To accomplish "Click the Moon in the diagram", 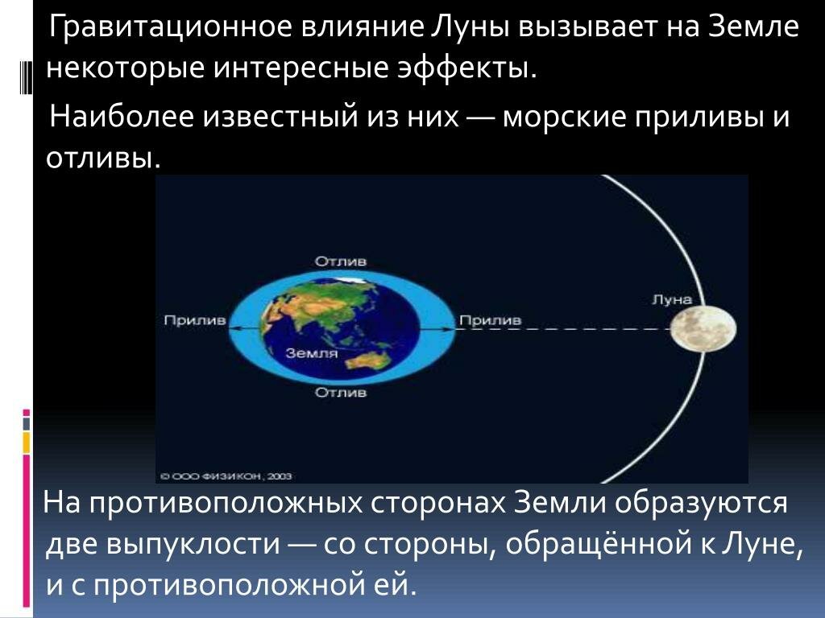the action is (x=703, y=328).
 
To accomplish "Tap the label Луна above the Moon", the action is (x=672, y=299).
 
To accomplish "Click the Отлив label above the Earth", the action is (x=341, y=262).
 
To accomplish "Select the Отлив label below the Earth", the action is (x=341, y=392).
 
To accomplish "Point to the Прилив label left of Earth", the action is (x=195, y=320).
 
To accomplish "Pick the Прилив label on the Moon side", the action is (x=491, y=320).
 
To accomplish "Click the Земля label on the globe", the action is (x=312, y=353).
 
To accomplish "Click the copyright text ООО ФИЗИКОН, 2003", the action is (x=226, y=476).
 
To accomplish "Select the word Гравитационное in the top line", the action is (x=171, y=27).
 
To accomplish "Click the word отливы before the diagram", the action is (x=103, y=157).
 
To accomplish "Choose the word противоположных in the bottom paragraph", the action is (x=226, y=503).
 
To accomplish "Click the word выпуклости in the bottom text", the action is (x=193, y=545).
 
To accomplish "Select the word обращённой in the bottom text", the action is (x=599, y=543).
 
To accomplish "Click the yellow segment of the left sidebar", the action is (x=27, y=443).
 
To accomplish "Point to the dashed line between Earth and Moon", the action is (x=563, y=328).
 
